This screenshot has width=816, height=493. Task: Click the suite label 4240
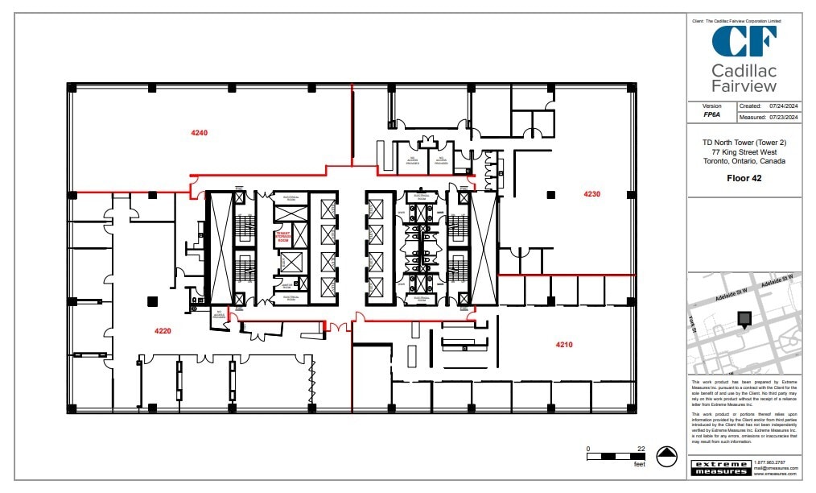click(x=200, y=133)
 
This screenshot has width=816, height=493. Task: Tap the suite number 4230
click(x=591, y=193)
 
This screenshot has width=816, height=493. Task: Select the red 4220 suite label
click(x=164, y=330)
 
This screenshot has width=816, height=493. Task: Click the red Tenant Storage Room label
click(x=282, y=237)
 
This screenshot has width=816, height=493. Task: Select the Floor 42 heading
click(x=744, y=178)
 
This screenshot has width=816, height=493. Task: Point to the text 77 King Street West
click(x=744, y=151)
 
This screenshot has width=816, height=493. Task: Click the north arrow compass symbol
click(x=666, y=457)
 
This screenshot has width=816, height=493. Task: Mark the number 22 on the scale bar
click(x=641, y=449)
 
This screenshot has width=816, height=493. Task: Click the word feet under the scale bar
click(x=640, y=465)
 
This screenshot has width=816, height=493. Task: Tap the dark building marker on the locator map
click(x=744, y=319)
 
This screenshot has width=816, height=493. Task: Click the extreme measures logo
click(x=720, y=467)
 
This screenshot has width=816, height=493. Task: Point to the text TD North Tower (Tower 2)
click(x=744, y=143)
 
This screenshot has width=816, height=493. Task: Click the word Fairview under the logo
click(x=744, y=86)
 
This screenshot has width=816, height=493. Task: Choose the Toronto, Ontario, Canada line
click(x=744, y=160)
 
